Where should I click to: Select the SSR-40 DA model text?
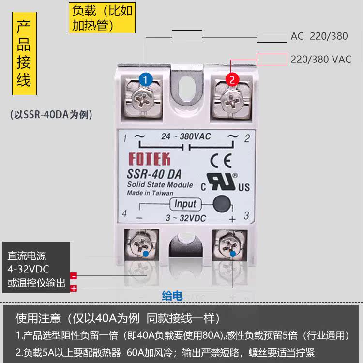pos(154,174)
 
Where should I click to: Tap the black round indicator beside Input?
pos(221,203)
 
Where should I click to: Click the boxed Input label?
pos(185,204)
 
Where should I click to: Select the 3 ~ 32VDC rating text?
pos(185,218)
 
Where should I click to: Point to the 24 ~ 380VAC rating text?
pos(186,136)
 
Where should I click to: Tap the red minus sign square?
pos(74,276)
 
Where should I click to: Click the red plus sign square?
pos(74,288)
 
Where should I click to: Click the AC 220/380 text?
pos(320,36)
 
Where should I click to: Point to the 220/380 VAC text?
pos(321,60)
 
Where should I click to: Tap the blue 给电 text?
pos(172,296)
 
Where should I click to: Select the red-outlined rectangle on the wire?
pos(271,60)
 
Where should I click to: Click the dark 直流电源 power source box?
pos(36,267)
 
